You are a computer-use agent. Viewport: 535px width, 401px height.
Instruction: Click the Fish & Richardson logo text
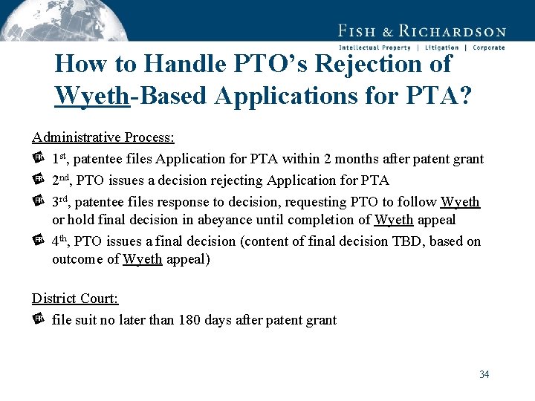[x=421, y=30]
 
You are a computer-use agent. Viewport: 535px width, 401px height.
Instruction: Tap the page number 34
[x=484, y=374]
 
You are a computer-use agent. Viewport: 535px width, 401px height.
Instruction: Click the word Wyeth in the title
[x=92, y=96]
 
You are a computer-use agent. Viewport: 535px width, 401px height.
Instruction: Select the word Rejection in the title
[x=363, y=64]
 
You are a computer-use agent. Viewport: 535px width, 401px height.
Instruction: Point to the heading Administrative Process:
[x=103, y=137]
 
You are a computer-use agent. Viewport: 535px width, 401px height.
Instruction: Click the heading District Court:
[x=75, y=299]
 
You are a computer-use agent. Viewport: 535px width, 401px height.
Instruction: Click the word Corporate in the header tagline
[x=488, y=48]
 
